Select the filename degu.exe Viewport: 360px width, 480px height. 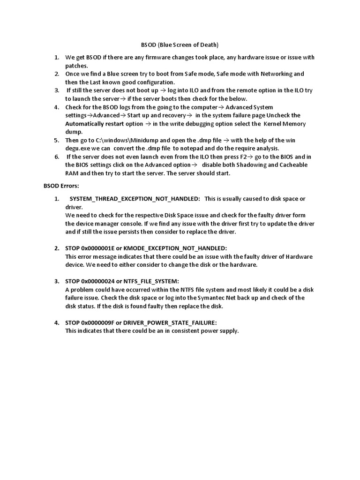[x=81, y=149]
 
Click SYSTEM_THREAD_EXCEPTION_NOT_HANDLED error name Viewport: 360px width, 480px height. [x=135, y=198]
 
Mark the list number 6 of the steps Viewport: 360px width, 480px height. [x=57, y=157]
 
